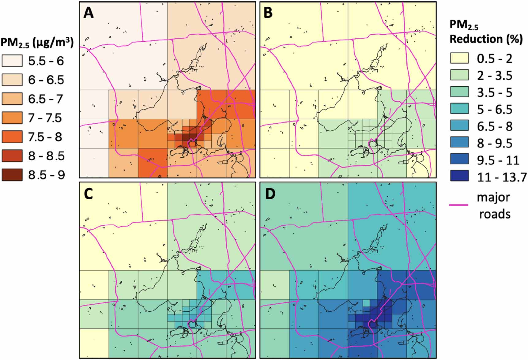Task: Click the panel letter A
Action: pos(89,13)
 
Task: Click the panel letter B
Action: pos(268,13)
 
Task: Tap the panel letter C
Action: pos(88,194)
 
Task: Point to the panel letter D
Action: pos(270,194)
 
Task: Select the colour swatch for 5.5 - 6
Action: pos(12,61)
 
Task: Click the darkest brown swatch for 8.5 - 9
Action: pos(12,175)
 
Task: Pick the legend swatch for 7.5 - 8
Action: pos(12,137)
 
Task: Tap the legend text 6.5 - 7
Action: pos(46,99)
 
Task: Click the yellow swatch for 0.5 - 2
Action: pos(459,58)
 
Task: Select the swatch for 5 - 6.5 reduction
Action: pos(459,109)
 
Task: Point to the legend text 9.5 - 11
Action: pos(498,160)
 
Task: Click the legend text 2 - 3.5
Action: pos(495,75)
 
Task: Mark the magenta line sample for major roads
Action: pos(459,204)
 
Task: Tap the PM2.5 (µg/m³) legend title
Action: pos(37,43)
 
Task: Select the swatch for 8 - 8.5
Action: pos(12,156)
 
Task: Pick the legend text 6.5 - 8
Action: pos(495,126)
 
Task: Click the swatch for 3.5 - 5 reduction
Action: pos(459,92)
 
